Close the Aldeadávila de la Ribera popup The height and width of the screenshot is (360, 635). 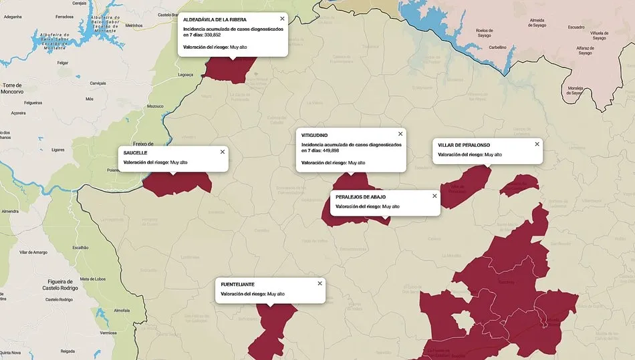pos(282,19)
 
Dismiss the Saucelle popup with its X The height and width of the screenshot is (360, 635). pos(223,152)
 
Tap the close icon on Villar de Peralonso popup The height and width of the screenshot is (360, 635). pos(537,144)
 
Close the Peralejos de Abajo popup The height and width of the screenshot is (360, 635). pos(434,196)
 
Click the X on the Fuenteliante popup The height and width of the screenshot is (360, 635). pos(320,283)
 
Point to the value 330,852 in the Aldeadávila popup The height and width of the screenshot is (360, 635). pos(212,35)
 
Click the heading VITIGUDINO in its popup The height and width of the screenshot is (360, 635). pos(315,136)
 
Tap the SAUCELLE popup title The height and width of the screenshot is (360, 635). pos(136,153)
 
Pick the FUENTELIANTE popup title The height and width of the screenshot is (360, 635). pos(237,285)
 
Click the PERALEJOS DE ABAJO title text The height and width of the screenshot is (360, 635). pos(360,197)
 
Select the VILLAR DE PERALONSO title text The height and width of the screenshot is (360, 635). pos(464,145)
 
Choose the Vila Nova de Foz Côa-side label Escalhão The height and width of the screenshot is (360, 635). pos(80,247)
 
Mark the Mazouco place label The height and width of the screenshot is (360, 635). pos(155,106)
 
